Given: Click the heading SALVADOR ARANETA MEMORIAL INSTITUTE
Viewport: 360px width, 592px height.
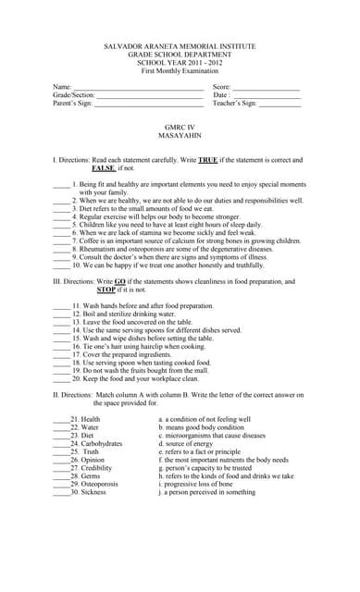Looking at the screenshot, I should click(x=180, y=46).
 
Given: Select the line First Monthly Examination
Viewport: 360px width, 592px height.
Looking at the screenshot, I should click(x=180, y=71).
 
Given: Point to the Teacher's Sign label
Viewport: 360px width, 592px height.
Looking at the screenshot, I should click(x=235, y=104).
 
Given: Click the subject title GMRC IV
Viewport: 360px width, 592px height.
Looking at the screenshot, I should click(x=180, y=127).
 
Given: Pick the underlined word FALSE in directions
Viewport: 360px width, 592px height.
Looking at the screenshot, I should click(x=104, y=168).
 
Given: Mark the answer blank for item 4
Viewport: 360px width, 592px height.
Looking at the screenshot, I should click(x=61, y=216).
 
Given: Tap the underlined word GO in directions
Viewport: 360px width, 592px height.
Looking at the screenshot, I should click(x=120, y=281).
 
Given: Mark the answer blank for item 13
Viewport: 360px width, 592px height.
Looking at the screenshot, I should click(x=61, y=322).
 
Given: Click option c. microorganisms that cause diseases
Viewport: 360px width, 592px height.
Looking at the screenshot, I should click(x=212, y=436).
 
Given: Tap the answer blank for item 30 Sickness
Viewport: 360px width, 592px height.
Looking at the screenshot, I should click(x=61, y=492).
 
